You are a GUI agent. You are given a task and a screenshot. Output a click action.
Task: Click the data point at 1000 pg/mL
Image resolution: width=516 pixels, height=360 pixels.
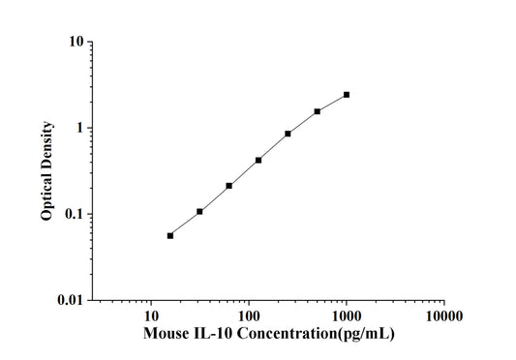coord(347,95)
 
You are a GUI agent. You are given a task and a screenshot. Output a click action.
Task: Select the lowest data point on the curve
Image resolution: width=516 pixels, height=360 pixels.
coord(170,235)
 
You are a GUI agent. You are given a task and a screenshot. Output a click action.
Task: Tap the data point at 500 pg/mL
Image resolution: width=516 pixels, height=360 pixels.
coord(318,111)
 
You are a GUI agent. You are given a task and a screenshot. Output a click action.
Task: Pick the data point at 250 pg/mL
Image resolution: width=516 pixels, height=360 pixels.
coord(288,134)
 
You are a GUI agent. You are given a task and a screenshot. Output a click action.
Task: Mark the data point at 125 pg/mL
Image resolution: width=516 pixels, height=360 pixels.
coord(258,160)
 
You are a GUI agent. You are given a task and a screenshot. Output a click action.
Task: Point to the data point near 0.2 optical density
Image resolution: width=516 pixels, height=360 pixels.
coord(229,185)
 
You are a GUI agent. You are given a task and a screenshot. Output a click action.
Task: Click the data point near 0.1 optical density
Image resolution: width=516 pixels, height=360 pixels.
coord(199,211)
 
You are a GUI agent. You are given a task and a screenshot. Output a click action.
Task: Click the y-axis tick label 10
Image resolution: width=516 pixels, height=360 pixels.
coord(74,43)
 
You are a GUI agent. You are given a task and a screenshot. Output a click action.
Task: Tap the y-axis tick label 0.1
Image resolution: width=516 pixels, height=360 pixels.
coord(72,214)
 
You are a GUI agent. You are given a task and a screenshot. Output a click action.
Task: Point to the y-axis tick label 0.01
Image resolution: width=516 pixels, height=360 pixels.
coord(68,300)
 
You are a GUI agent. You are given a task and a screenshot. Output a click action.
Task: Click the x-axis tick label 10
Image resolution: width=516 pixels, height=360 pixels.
coord(151,316)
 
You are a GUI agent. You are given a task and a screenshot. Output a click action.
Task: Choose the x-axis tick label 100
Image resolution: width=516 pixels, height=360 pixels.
coord(249,316)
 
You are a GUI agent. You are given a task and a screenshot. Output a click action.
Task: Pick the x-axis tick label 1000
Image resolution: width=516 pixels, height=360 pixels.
coord(347,316)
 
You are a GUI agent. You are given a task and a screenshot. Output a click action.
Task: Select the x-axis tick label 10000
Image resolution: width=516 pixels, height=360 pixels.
coord(444,316)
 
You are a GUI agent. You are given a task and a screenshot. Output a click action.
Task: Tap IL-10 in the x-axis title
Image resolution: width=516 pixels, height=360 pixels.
coord(215,335)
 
